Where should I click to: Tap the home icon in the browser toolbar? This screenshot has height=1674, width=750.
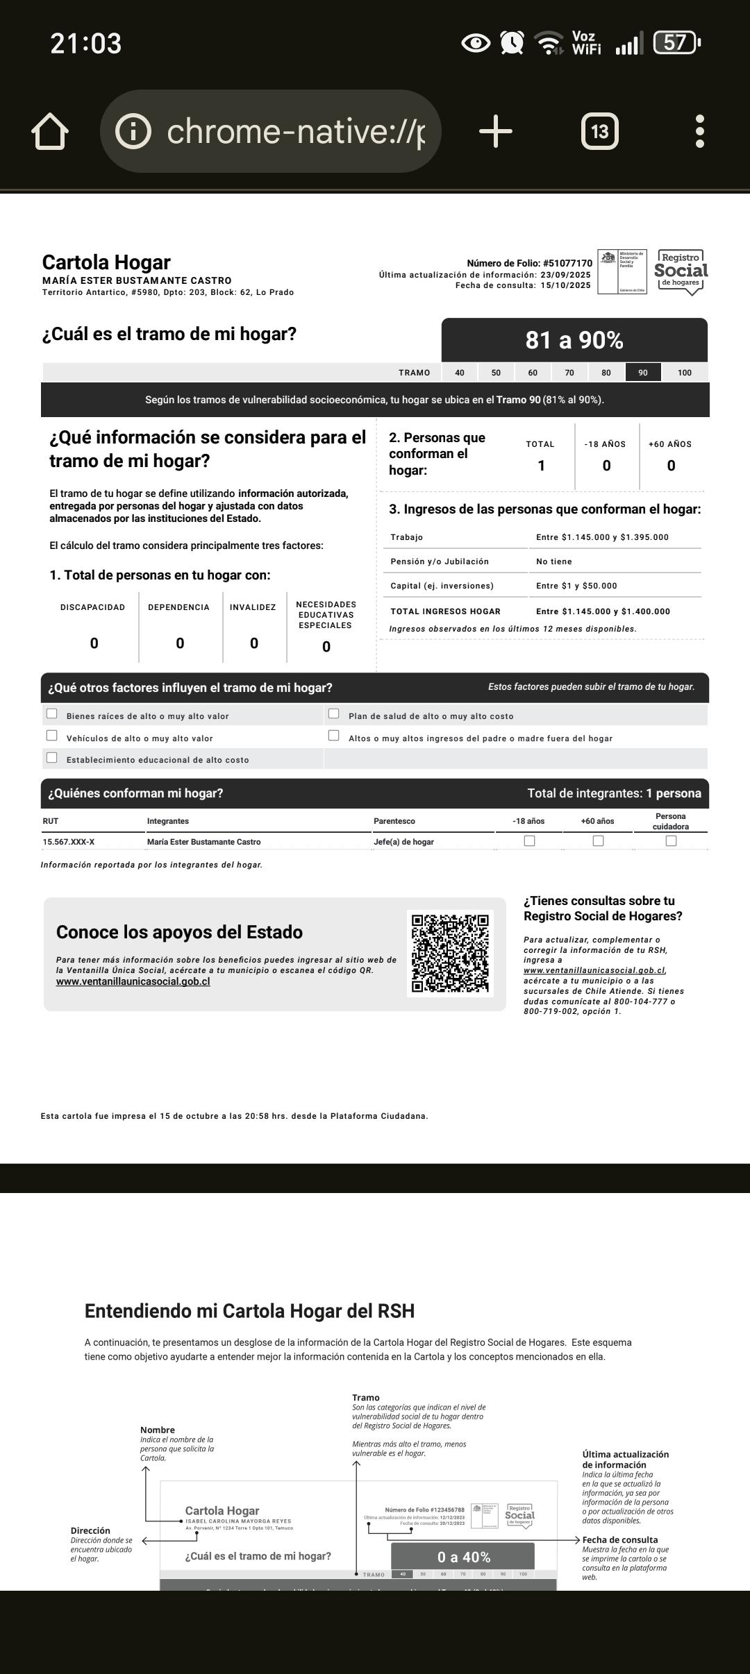coord(50,131)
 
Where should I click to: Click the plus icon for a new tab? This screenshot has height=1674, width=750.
coord(496,131)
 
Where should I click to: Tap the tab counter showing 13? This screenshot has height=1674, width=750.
coord(599,131)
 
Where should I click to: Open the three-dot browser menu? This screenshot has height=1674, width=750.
coord(700,131)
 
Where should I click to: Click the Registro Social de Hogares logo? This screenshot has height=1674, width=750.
coord(681,272)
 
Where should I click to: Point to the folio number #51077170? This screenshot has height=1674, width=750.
coord(567,263)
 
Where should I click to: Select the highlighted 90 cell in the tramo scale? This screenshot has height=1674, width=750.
coord(643,373)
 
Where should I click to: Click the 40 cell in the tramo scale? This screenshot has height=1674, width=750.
coord(460,373)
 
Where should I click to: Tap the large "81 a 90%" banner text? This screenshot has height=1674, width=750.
coord(574,340)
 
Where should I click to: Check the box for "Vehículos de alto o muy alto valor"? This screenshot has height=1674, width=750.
coord(52,736)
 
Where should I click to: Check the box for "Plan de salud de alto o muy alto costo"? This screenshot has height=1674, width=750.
coord(334,713)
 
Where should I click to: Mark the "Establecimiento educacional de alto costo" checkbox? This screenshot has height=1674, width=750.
coord(52,757)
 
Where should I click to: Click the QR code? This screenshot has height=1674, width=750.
coord(450,953)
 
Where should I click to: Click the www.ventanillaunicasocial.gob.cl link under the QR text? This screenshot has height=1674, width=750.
coord(133,981)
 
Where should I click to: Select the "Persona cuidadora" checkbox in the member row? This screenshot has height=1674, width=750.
coord(671,840)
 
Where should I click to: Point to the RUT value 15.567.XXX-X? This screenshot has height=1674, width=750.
coord(69,842)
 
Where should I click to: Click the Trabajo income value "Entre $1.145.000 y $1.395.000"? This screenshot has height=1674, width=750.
coord(602,537)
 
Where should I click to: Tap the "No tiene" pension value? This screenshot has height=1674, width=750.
coord(554,561)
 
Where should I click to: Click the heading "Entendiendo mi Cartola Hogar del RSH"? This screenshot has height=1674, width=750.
coord(249,1311)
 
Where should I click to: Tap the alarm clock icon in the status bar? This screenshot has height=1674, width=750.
coord(512,43)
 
